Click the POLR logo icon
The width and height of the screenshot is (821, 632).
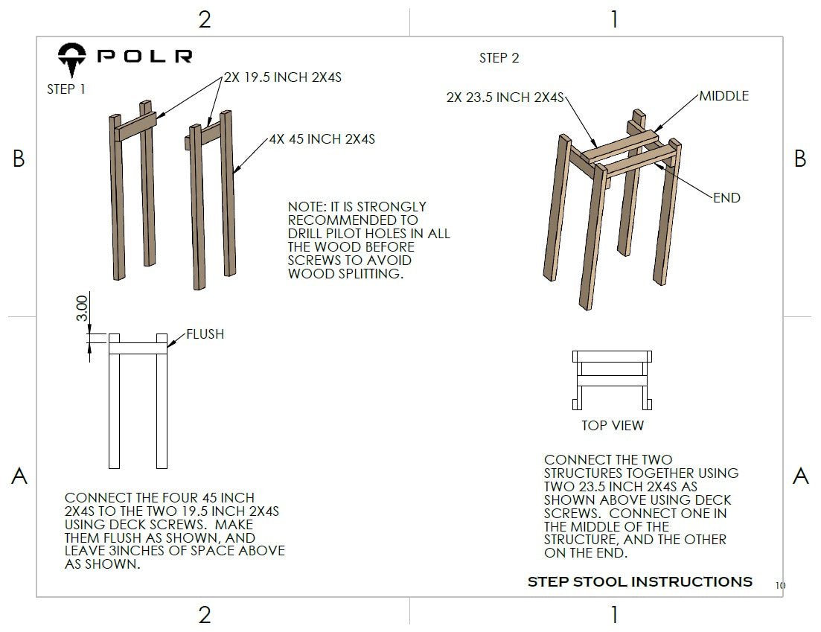[x=73, y=60]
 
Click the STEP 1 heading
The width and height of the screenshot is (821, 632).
[x=66, y=89]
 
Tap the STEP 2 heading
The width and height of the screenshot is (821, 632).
[x=499, y=58]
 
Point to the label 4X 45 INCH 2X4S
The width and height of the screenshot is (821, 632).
[x=322, y=139]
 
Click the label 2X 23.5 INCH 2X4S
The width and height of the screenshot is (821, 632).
[x=505, y=98]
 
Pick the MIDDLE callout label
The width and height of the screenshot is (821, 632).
[x=723, y=96]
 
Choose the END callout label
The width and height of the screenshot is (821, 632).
[x=726, y=197]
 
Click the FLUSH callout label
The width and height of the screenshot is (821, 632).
[x=205, y=334]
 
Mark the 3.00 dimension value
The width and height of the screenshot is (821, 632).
[x=83, y=308]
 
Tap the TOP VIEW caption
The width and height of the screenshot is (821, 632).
[x=613, y=426]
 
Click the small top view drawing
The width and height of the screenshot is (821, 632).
[x=612, y=380]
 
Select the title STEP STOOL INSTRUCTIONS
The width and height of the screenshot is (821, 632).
[x=639, y=581]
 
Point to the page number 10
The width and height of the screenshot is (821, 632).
[x=779, y=586]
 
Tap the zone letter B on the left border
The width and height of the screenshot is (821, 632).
[x=19, y=159]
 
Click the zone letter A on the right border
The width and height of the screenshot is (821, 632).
[x=800, y=476]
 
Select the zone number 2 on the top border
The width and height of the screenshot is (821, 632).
[x=205, y=20]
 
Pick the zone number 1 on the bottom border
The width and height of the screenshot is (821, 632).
[x=613, y=615]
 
